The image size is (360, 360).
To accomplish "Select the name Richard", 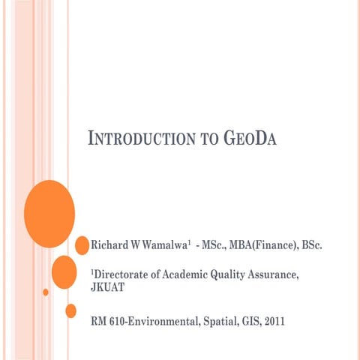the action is tap(109, 245).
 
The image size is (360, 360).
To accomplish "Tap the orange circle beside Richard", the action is tap(82, 245).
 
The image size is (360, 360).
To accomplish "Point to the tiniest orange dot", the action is tap(46, 292).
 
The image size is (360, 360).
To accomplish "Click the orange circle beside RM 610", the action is tap(71, 310).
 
